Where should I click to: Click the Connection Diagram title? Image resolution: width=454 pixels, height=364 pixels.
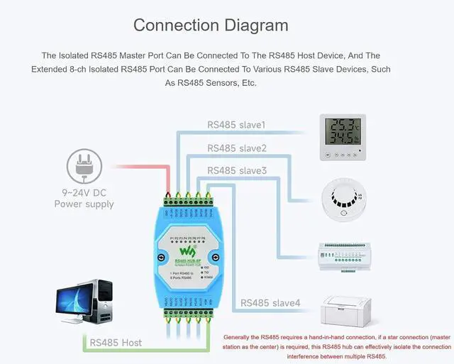coord(211,26)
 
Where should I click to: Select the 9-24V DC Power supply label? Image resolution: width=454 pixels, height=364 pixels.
coord(84,198)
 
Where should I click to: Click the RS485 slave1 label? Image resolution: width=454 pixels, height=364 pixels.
coord(236,125)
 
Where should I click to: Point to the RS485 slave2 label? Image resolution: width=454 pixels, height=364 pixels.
coord(237,148)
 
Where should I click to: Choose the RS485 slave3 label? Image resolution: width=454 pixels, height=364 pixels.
coord(237,170)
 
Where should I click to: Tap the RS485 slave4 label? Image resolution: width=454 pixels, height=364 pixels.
coord(270,303)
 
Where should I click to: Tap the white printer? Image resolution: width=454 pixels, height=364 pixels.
coord(348,309)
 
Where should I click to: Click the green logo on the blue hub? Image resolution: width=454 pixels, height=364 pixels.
coord(186,251)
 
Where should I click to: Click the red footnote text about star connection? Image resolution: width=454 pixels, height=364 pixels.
coord(337,346)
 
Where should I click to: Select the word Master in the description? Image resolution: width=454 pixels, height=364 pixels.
coord(151,55)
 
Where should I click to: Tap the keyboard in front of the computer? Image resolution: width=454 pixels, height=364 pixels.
coord(78,321)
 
